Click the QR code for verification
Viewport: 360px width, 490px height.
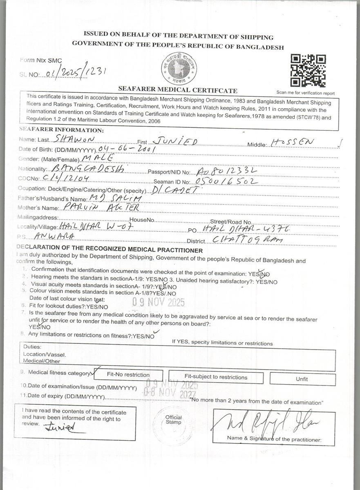pos(308,71)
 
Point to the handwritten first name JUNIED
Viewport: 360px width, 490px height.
pos(175,141)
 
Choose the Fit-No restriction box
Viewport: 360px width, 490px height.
pos(128,375)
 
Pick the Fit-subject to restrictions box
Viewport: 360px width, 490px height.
pos(215,377)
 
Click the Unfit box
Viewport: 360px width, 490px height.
pos(302,379)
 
